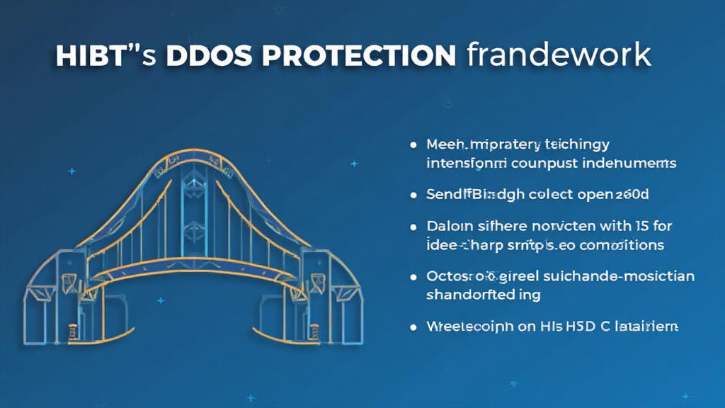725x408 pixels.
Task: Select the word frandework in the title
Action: click(x=559, y=56)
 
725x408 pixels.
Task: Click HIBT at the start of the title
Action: click(x=85, y=56)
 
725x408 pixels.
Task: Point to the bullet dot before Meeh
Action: click(x=413, y=145)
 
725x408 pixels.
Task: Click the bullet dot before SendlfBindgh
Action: click(x=413, y=193)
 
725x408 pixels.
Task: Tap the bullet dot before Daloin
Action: click(x=413, y=227)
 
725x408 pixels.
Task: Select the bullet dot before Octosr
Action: click(x=413, y=277)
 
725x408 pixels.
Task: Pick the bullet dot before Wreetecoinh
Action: click(x=413, y=327)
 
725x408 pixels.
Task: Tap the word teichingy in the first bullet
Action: click(x=576, y=145)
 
